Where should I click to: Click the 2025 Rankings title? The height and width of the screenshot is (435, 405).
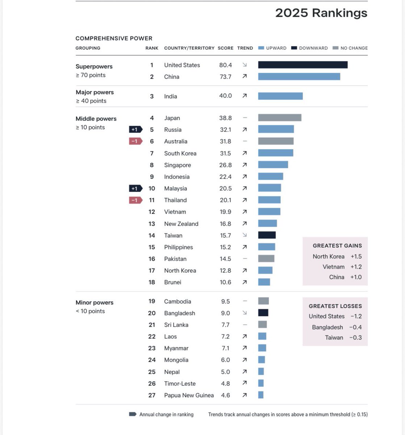321,13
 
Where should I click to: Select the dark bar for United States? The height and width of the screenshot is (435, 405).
302,65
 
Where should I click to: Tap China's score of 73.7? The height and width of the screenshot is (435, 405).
225,76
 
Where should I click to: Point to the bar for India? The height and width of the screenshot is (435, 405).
280,96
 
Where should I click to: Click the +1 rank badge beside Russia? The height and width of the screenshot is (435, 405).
135,129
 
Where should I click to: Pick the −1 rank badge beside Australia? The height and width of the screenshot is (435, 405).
135,141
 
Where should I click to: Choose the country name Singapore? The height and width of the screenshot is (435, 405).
178,165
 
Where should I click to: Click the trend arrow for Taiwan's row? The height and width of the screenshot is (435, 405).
245,235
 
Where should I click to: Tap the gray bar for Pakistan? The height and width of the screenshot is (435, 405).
266,259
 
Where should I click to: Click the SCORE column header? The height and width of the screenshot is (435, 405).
225,48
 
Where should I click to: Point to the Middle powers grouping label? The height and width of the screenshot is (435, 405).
96,119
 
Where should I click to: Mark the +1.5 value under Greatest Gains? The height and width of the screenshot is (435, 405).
356,256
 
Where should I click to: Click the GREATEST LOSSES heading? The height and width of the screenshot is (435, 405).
335,306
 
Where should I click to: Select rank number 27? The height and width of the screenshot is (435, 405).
152,395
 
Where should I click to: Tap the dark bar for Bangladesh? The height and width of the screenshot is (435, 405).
263,313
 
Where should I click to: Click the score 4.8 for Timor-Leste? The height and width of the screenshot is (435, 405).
225,384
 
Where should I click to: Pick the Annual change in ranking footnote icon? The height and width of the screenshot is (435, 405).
133,414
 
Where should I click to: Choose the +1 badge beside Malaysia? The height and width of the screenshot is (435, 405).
135,188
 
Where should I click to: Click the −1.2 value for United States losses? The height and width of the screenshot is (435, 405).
356,316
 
